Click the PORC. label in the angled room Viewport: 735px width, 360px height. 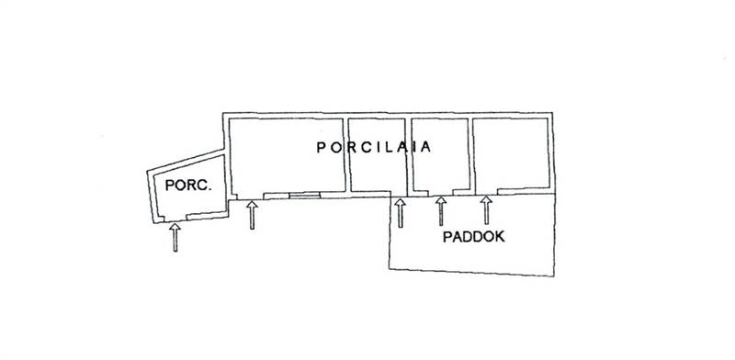click(188, 186)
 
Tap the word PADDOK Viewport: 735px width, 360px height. click(474, 237)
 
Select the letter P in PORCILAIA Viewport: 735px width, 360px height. click(321, 148)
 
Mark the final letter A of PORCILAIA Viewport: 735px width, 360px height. click(425, 148)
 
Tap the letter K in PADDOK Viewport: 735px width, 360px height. click(500, 237)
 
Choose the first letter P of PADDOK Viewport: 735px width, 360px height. click(447, 237)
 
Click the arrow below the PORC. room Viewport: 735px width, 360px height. click(175, 238)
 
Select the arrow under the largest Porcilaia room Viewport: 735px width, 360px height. click(252, 215)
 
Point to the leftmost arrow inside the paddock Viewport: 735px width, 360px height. click(400, 213)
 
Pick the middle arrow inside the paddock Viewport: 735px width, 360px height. click(441, 211)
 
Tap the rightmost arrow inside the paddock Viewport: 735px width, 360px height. click(486, 210)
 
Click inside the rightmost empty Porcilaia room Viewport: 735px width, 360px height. click(511, 154)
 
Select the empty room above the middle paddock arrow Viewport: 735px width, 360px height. click(441, 154)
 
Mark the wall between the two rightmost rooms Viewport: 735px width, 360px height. click(471, 155)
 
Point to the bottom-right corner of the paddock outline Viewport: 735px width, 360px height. click(554, 276)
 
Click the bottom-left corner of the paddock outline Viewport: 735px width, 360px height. click(390, 269)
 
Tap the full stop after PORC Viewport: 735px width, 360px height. click(210, 189)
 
